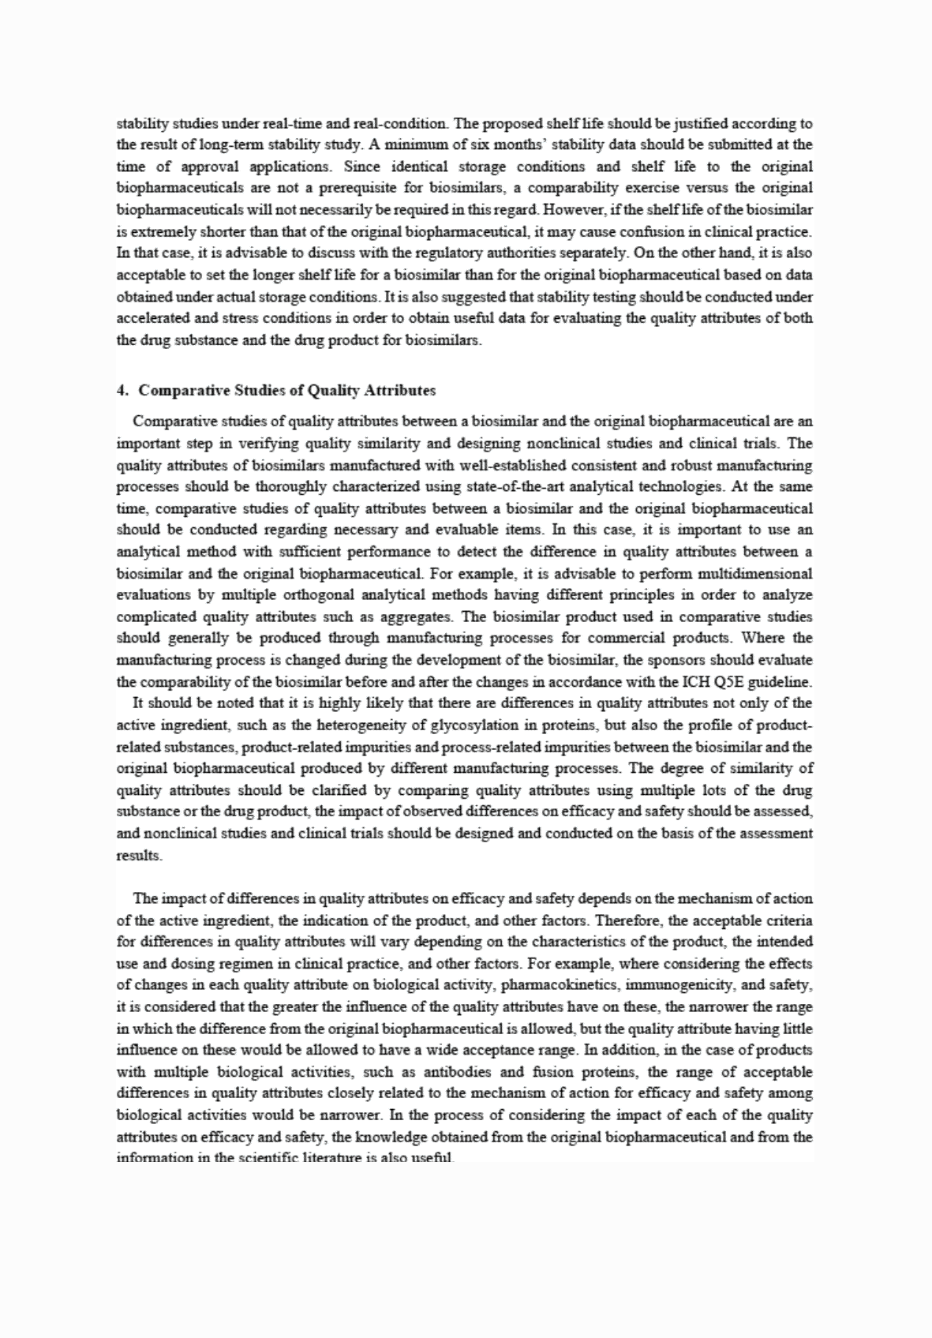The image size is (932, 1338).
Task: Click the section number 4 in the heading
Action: pos(121,391)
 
